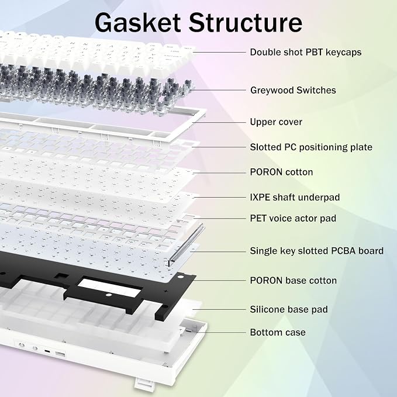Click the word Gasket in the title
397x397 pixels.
[x=138, y=23]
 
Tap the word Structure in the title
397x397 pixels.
[x=246, y=23]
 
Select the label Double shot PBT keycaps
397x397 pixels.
[x=306, y=53]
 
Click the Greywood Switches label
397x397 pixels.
[x=293, y=91]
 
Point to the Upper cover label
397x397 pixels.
[x=276, y=122]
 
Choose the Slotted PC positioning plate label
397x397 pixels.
[x=311, y=147]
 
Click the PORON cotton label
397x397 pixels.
[x=281, y=172]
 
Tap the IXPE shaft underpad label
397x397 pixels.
[x=295, y=198]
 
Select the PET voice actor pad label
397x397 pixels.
[x=293, y=219]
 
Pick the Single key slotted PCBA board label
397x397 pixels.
[x=317, y=251]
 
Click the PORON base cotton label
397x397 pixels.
[x=293, y=281]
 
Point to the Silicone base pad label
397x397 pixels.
[x=289, y=309]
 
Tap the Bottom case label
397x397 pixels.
[x=278, y=333]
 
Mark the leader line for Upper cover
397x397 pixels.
[x=219, y=122]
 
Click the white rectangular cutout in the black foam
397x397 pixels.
[x=109, y=286]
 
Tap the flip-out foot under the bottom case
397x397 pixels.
[x=144, y=385]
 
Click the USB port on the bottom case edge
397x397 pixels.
[x=60, y=354]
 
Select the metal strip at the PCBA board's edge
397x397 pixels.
[x=186, y=244]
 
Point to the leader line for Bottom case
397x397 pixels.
[x=223, y=333]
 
